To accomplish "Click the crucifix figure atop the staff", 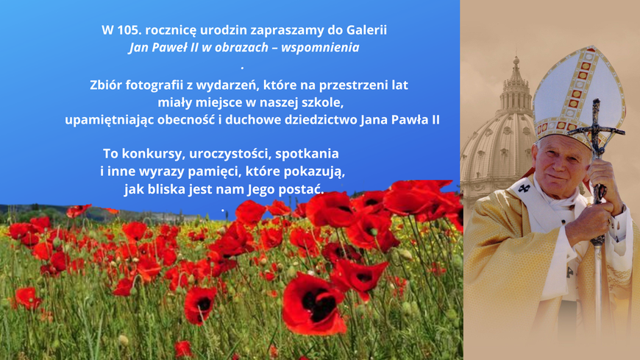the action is [x=597, y=127].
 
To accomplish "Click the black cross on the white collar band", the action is [x=524, y=188].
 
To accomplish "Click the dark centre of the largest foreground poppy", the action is [x=319, y=305].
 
